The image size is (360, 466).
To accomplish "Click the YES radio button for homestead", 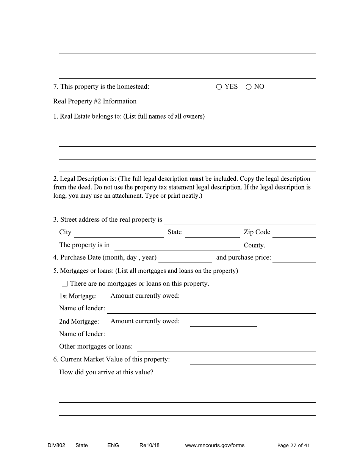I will pyautogui.click(x=219, y=87).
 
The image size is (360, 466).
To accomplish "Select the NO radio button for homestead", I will pyautogui.click(x=249, y=87).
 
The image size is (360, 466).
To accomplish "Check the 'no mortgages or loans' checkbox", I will pyautogui.click(x=64, y=283).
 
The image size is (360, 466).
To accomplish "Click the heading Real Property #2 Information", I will pyautogui.click(x=95, y=101).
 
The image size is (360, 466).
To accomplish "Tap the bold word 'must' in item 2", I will pyautogui.click(x=196, y=178).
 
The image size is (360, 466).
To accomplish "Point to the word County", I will pyautogui.click(x=254, y=245).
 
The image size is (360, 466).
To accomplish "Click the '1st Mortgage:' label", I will pyautogui.click(x=78, y=296).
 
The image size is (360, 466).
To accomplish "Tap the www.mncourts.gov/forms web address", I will pyautogui.click(x=214, y=445).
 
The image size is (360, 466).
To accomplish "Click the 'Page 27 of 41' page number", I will pyautogui.click(x=294, y=445).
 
